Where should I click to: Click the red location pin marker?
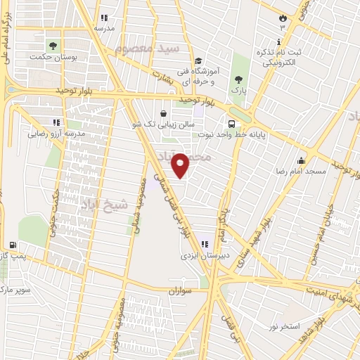coord(181,165)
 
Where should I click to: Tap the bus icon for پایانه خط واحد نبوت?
coord(231,120)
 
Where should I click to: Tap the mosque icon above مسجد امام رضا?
coord(302,160)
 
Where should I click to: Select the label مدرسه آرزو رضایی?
coord(56,133)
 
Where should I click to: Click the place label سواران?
coord(181,289)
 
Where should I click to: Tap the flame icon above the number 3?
coord(283,16)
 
